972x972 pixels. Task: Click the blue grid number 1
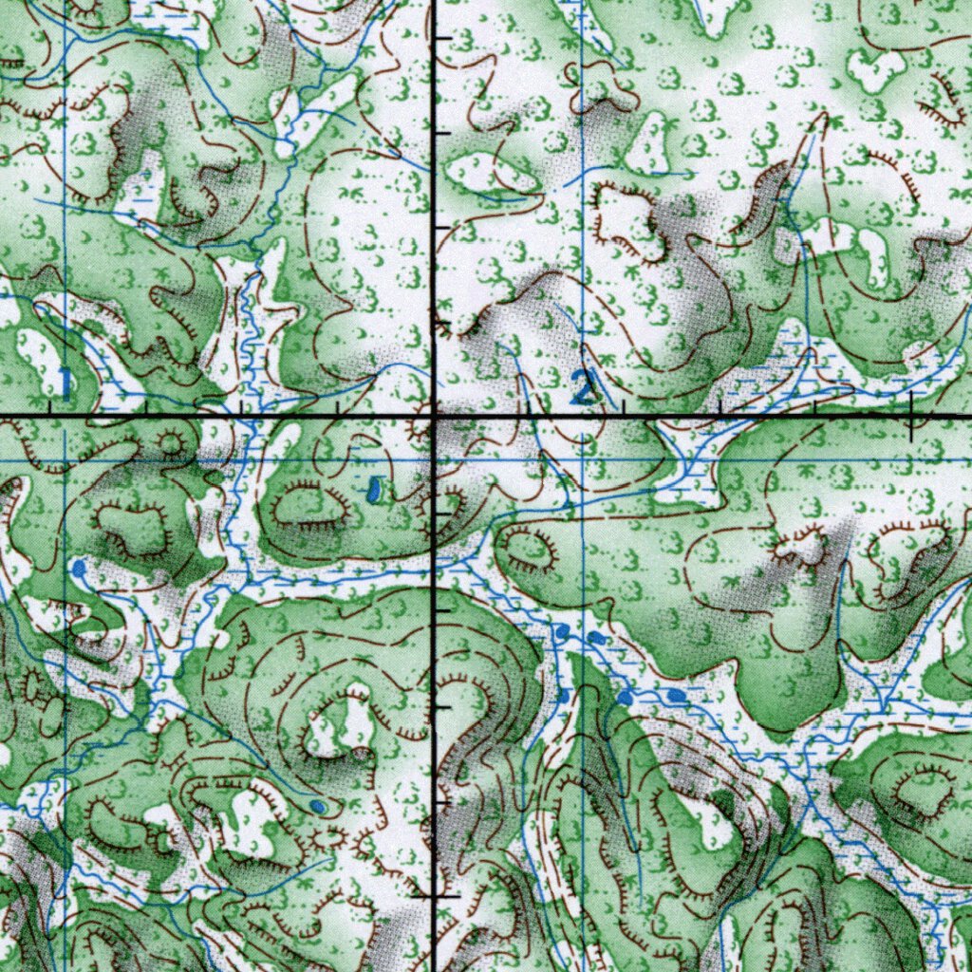64,382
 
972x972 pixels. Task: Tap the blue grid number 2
582,386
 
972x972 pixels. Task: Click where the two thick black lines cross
435,417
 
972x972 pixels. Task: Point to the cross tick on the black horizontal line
911,418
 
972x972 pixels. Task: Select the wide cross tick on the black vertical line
435,895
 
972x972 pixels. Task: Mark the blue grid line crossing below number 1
64,460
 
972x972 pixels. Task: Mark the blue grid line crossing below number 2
582,460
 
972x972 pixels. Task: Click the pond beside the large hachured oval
374,490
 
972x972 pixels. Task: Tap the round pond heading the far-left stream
78,568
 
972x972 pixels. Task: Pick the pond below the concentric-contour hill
319,806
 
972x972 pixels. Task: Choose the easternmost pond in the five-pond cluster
676,696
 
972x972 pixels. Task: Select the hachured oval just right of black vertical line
529,550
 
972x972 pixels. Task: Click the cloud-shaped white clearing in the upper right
875,68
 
